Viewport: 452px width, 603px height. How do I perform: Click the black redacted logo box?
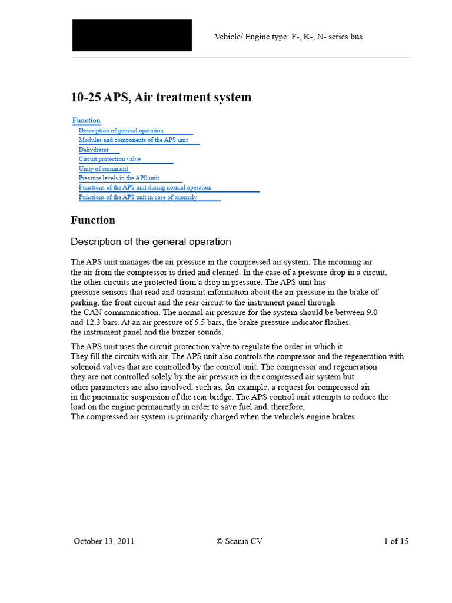pos(132,35)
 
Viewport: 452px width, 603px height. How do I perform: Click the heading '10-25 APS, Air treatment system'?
pos(161,97)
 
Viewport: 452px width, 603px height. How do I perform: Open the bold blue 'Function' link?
pos(87,121)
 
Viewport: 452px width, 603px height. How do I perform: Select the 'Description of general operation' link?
pos(121,131)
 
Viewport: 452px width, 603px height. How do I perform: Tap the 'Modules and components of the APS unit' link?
pos(134,140)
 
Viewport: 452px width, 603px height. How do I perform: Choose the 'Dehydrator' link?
pos(94,150)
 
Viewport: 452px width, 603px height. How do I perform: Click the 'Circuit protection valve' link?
pos(110,159)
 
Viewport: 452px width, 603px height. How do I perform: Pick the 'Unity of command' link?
pos(104,168)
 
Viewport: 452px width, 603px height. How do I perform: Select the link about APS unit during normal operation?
pos(145,187)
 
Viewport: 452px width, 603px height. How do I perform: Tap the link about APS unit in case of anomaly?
pos(138,197)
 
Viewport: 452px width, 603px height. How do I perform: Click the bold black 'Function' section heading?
pos(93,220)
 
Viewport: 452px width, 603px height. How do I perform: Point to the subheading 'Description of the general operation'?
pos(151,242)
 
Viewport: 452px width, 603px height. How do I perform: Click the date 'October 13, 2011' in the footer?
pos(104,541)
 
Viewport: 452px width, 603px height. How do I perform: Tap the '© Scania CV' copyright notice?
pos(240,541)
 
